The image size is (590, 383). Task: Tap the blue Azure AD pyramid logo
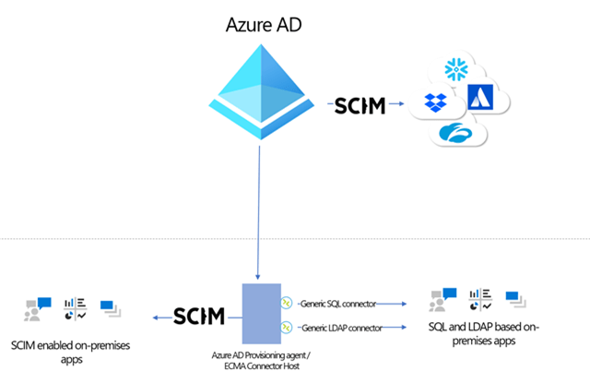click(x=260, y=88)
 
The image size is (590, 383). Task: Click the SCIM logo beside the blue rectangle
click(x=199, y=317)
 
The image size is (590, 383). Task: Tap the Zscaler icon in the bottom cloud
click(x=458, y=135)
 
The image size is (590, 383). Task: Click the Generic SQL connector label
click(x=333, y=301)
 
